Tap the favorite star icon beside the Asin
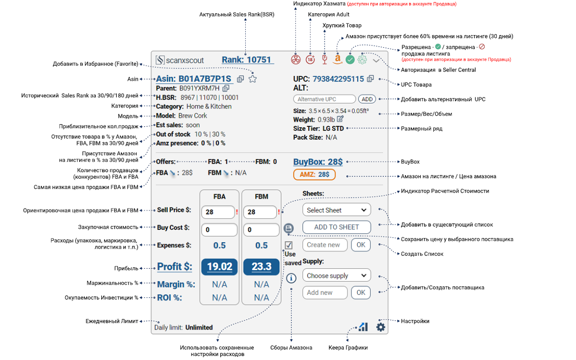coord(252,79)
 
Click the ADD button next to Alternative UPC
coord(367,99)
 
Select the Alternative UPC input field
coord(324,99)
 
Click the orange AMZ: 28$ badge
coord(314,174)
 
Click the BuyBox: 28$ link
coord(318,162)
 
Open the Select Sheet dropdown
coord(337,210)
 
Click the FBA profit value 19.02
coord(219,266)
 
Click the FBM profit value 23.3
coord(261,266)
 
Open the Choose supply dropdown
coord(337,275)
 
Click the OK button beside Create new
coord(361,245)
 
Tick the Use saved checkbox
coord(289,245)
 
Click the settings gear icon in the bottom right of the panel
coord(381,327)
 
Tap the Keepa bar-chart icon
coord(363,327)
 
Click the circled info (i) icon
coord(291,278)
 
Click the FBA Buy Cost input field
coord(219,229)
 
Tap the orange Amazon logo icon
coord(337,58)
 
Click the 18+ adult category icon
coord(310,59)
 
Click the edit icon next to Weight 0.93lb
coord(340,119)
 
